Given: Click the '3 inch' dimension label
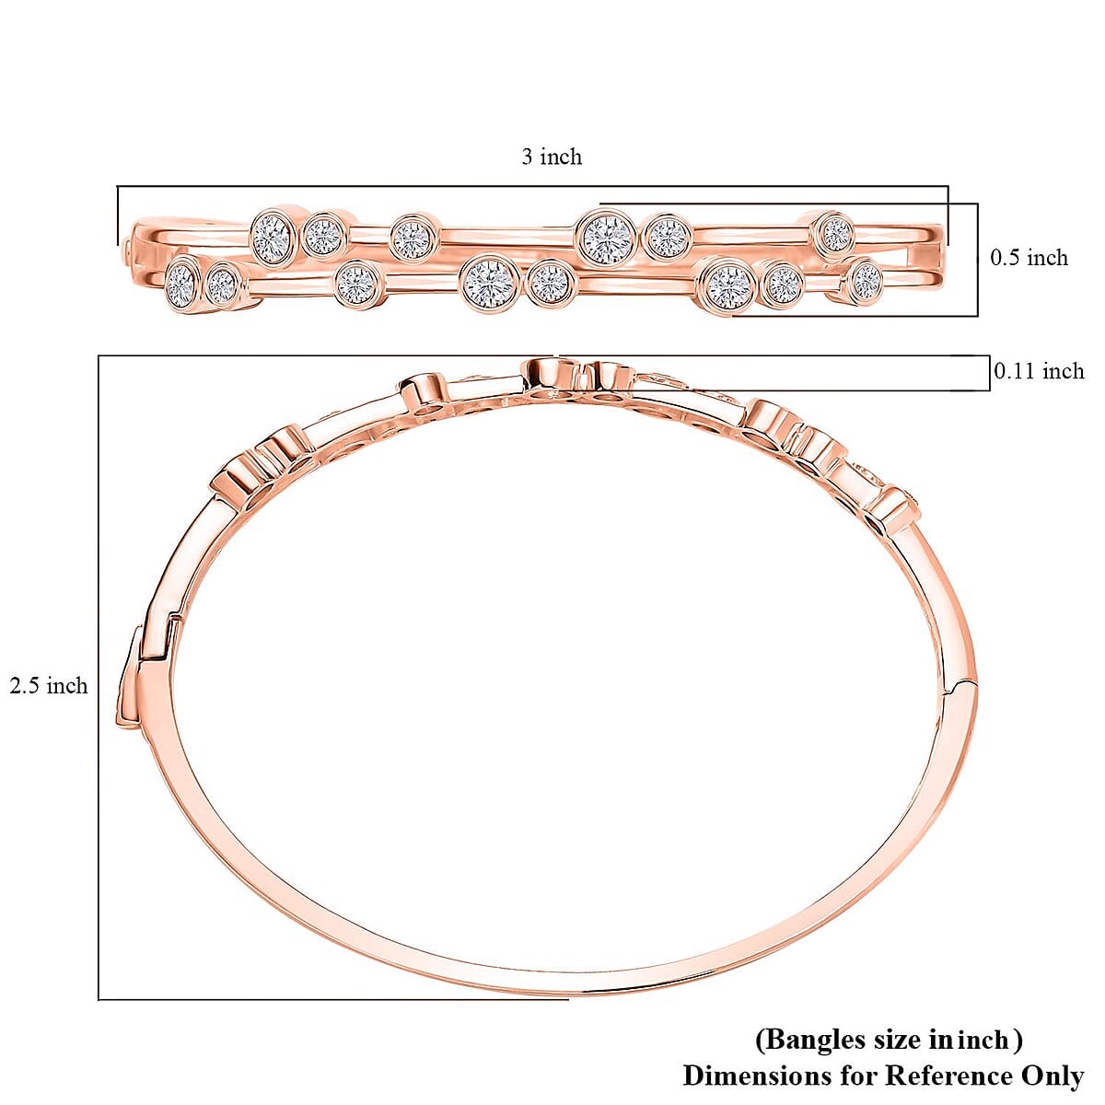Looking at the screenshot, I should pos(552,157).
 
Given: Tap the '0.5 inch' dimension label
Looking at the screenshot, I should pos(1029,258).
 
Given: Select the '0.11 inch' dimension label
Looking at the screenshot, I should pos(1039,371).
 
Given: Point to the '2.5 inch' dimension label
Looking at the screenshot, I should pos(49,686).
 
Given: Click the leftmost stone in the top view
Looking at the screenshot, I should pos(181,285).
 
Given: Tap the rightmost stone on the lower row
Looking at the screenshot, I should pos(866,280).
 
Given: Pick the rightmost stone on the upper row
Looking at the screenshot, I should pos(835,233).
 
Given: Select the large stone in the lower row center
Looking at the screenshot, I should pos(490,282).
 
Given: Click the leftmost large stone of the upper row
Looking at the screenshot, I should pos(272,237).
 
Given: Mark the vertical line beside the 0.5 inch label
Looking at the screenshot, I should pos(977,260).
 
